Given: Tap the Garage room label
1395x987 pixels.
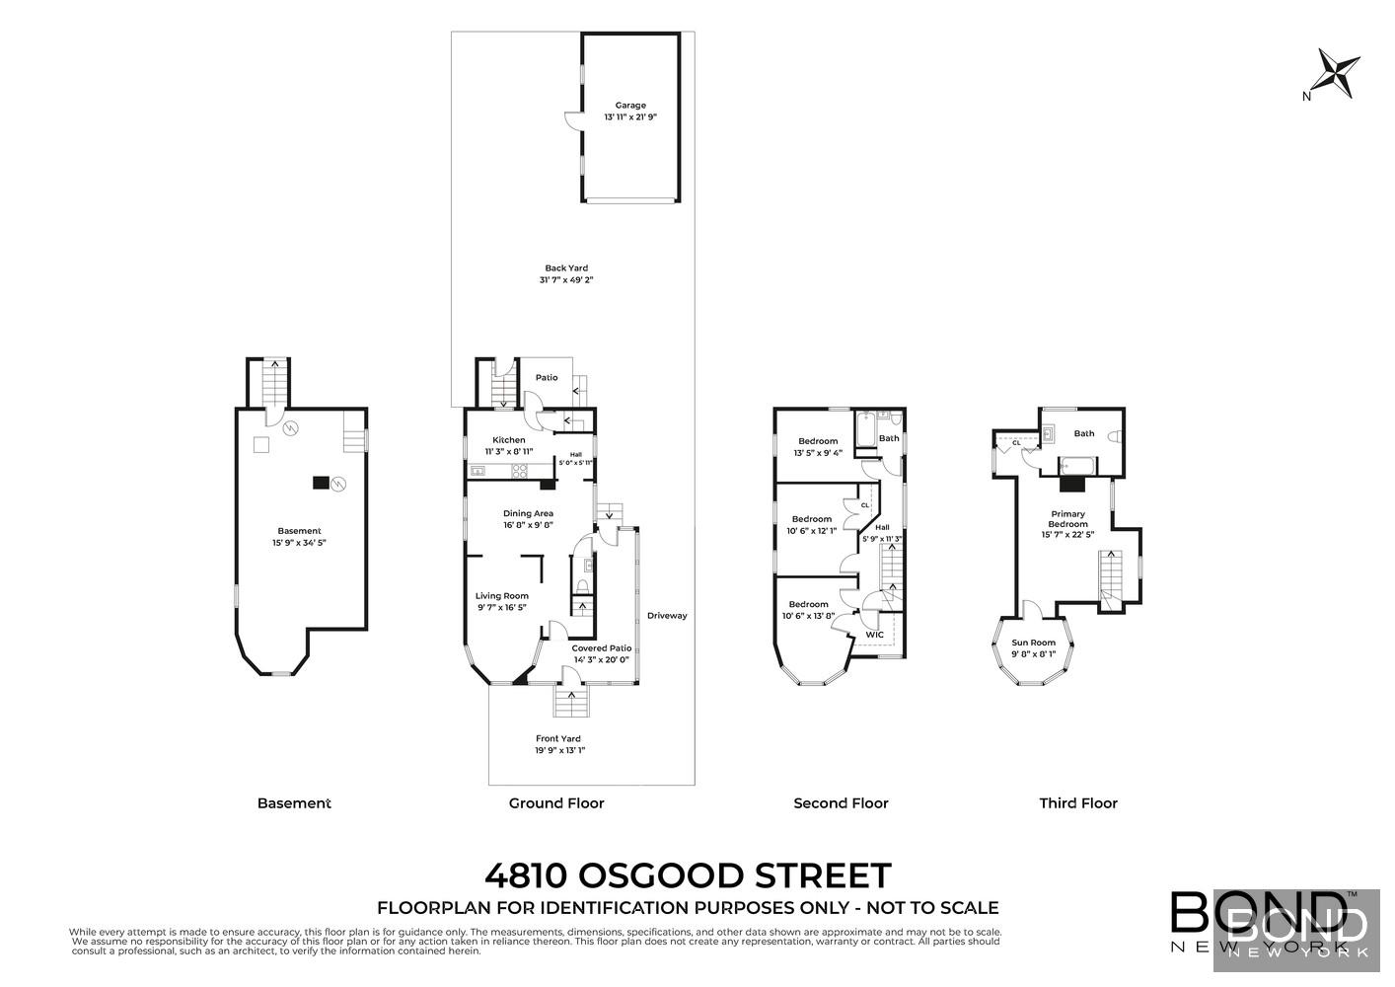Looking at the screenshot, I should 630,106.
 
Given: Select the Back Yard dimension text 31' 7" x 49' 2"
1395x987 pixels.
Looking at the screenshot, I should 566,280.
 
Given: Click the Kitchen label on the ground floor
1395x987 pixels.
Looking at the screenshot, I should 509,440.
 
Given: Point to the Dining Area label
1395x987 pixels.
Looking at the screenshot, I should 528,513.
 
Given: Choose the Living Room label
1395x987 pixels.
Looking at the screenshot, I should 502,596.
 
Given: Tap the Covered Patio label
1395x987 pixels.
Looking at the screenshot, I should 602,648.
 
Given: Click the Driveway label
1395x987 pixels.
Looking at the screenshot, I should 667,616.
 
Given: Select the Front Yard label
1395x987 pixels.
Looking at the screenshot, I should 558,738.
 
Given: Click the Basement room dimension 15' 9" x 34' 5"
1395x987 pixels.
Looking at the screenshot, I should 299,543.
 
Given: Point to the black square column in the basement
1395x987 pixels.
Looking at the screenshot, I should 321,483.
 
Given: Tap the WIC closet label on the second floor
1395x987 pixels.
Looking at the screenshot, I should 874,635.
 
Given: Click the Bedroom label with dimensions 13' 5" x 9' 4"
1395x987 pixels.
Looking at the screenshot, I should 818,441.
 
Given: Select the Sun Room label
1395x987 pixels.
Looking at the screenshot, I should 1033,643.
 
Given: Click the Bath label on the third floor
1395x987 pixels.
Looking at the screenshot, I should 1084,433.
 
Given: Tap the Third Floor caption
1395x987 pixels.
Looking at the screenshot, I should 1078,803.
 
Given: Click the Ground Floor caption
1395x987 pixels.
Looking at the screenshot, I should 556,803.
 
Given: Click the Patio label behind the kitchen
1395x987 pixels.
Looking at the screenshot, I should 547,378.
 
